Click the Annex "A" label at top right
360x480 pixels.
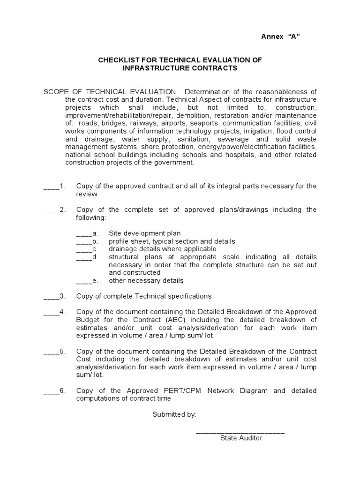[280, 37]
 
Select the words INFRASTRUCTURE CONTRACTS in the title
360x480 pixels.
[180, 68]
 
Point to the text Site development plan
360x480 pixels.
[144, 233]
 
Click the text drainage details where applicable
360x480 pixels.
[162, 249]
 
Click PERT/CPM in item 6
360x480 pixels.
[184, 390]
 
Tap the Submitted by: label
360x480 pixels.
[174, 414]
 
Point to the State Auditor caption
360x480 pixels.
[241, 438]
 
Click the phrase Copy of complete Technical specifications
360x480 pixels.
[143, 296]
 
